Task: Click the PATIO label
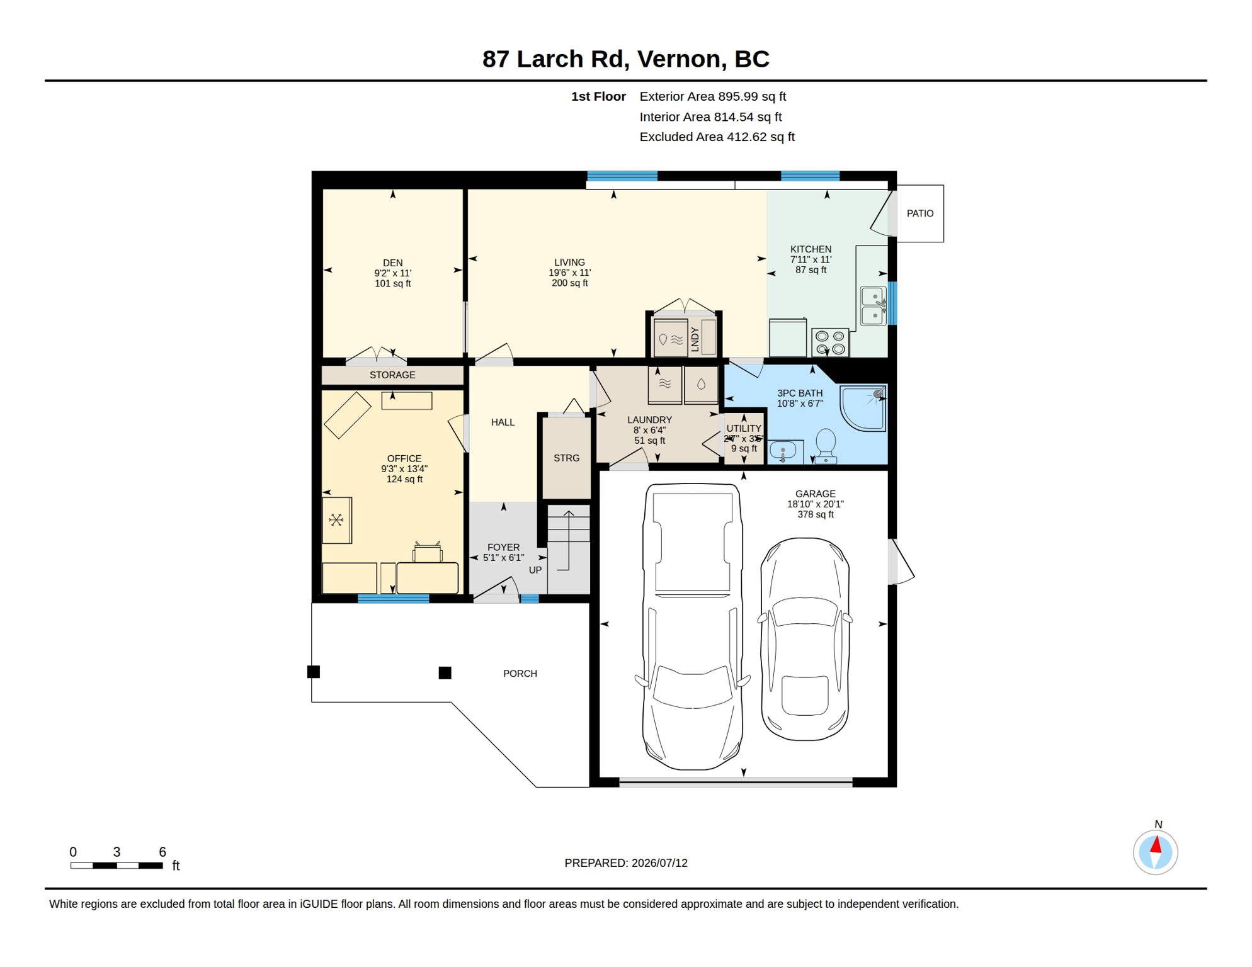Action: click(x=919, y=213)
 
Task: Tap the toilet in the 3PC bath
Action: click(x=826, y=446)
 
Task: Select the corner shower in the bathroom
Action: click(x=863, y=408)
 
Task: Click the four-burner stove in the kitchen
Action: click(x=830, y=342)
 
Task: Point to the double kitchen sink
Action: click(x=874, y=306)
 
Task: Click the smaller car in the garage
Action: click(x=805, y=639)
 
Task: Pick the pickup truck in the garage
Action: click(x=692, y=626)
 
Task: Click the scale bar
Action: click(x=117, y=866)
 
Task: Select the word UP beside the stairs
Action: click(x=535, y=570)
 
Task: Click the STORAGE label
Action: click(x=392, y=375)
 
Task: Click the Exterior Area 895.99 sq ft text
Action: click(x=712, y=96)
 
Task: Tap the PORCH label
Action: click(x=520, y=674)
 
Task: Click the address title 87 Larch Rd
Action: click(x=555, y=59)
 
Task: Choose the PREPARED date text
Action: click(x=625, y=863)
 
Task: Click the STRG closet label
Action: click(x=566, y=458)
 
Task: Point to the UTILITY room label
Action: click(x=744, y=429)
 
